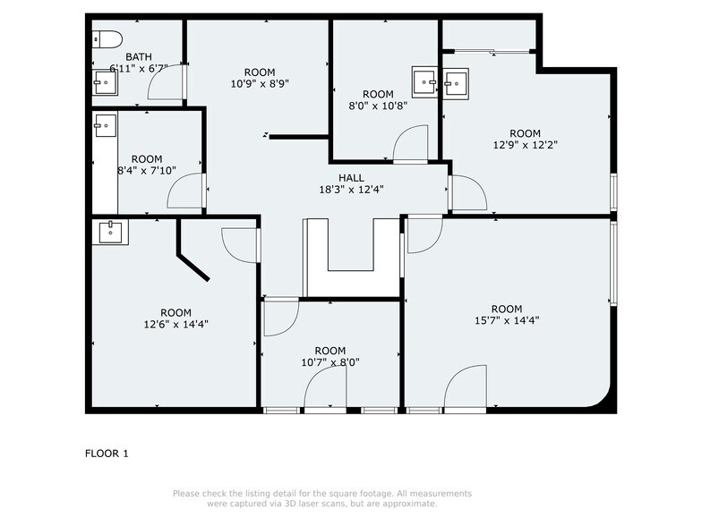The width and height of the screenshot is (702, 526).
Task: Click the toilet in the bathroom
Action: pyautogui.click(x=108, y=39)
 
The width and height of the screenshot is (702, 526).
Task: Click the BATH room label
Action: pyautogui.click(x=138, y=56)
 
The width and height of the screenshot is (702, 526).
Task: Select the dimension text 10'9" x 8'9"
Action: pyautogui.click(x=259, y=83)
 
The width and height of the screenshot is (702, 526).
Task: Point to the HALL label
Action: pyautogui.click(x=351, y=177)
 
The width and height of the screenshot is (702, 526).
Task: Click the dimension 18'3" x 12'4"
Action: pyautogui.click(x=351, y=190)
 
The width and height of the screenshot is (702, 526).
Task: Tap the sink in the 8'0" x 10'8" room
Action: pyautogui.click(x=423, y=81)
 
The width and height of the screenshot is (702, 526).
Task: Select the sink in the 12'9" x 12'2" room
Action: pyautogui.click(x=456, y=81)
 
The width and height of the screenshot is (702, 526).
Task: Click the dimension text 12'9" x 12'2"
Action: pyautogui.click(x=526, y=144)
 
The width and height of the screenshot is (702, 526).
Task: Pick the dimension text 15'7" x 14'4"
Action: pyautogui.click(x=507, y=320)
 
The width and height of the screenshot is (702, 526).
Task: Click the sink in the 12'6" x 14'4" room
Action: pyautogui.click(x=112, y=232)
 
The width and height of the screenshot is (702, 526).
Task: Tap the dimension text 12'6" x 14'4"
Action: pyautogui.click(x=177, y=324)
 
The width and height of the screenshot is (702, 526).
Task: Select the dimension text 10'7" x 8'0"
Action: pyautogui.click(x=330, y=362)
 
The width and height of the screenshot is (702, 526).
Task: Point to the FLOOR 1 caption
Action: pyautogui.click(x=107, y=454)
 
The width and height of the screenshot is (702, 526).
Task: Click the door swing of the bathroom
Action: pyautogui.click(x=167, y=82)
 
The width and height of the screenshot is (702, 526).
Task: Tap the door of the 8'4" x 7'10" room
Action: pyautogui.click(x=188, y=191)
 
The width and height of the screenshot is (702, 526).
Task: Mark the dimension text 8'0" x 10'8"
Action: pyautogui.click(x=378, y=106)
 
